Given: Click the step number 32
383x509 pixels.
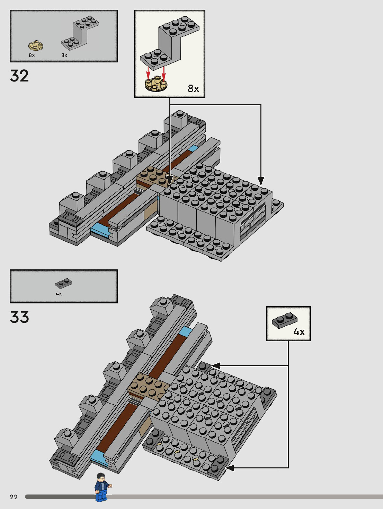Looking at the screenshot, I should coord(19,76).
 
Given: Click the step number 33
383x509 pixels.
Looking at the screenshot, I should coord(19,317).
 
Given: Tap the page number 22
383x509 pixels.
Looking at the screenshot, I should coord(14,497).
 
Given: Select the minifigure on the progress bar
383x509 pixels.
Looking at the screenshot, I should coord(102,487).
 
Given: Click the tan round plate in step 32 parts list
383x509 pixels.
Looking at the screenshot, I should coord(36,45).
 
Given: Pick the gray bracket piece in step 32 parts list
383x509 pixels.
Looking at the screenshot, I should coord(80,34).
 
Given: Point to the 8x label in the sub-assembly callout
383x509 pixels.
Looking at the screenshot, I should coord(193,88).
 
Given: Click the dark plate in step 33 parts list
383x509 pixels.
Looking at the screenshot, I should coord(64,283).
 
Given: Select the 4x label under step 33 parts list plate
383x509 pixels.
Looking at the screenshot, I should coord(59,294).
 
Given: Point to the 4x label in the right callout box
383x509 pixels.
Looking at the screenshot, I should coord(299,332).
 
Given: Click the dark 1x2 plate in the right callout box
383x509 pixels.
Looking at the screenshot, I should coord(284,320).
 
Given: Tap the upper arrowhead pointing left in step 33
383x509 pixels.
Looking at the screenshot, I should coord(215,365).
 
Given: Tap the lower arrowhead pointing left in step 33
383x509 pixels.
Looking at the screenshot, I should coord(229,468).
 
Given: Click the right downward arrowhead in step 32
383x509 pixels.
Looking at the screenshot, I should coord(261,181).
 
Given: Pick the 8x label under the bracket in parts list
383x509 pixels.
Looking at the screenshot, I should coord(64,55).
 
